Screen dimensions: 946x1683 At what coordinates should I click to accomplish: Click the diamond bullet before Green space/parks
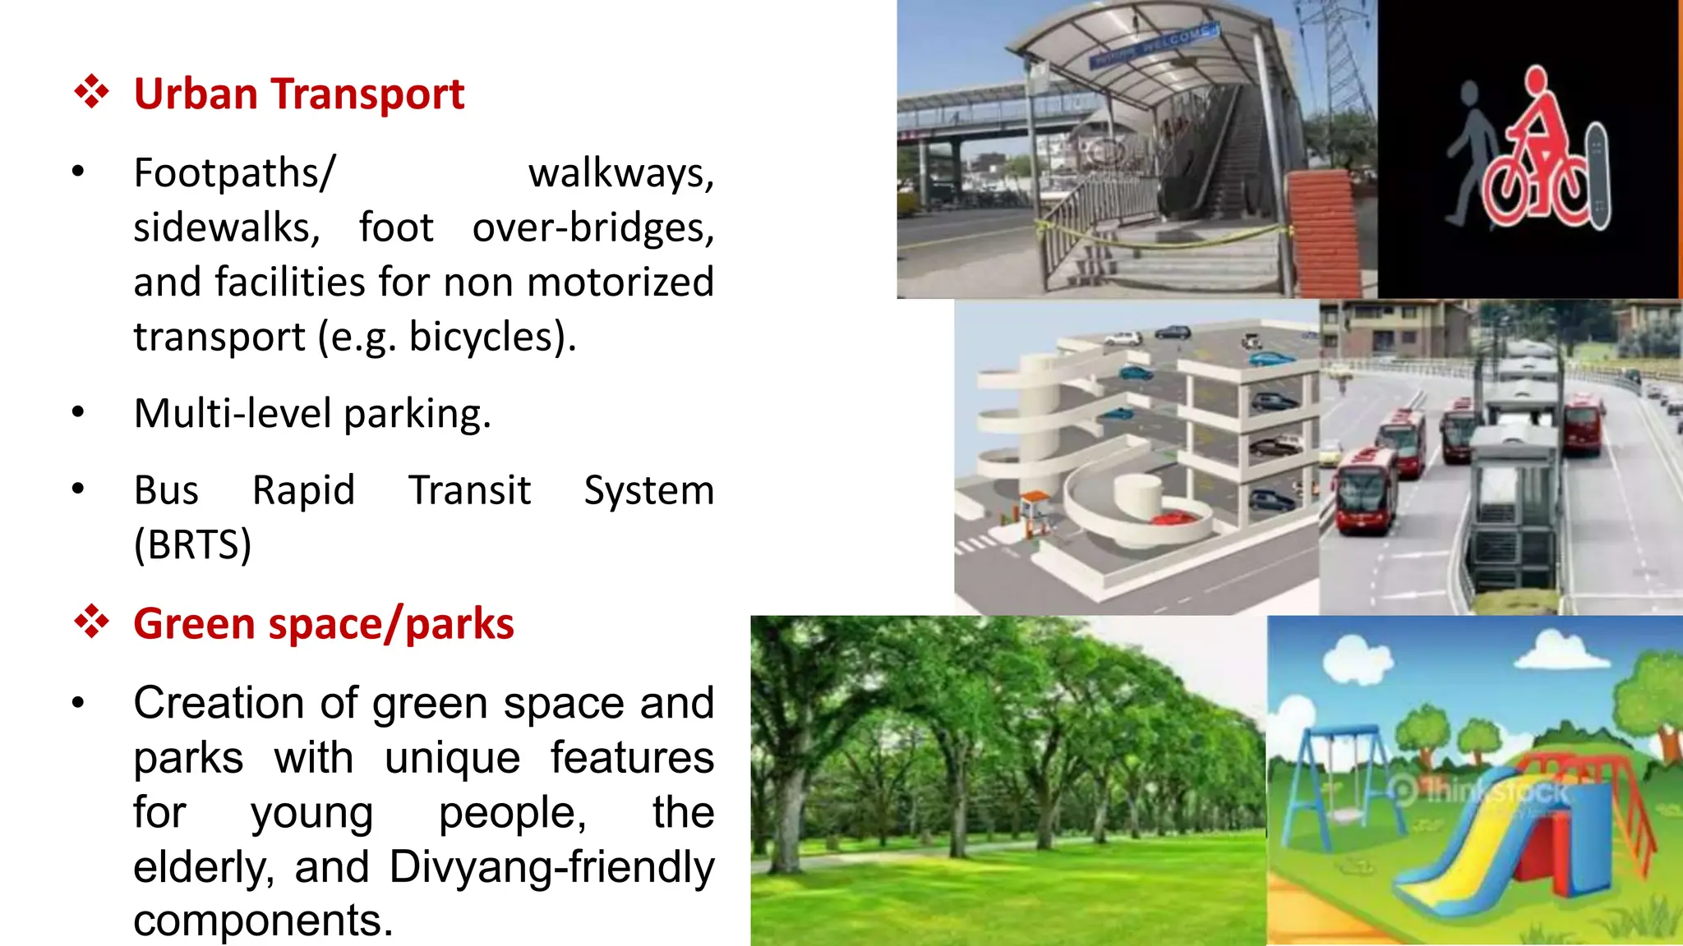click(x=91, y=622)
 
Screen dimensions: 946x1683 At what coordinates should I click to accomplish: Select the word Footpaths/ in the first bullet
click(x=234, y=173)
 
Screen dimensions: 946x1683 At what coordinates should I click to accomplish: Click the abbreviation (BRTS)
click(x=192, y=544)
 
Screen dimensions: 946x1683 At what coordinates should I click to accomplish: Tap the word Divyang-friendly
click(x=551, y=867)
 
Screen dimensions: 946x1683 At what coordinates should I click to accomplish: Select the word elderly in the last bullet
click(x=202, y=867)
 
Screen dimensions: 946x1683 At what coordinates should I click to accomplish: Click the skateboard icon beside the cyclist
click(x=1597, y=176)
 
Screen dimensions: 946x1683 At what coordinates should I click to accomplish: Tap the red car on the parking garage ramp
click(x=1173, y=517)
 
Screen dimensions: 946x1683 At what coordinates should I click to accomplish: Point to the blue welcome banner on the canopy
click(x=1154, y=46)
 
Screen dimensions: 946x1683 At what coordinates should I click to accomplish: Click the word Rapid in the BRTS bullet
click(x=303, y=490)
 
